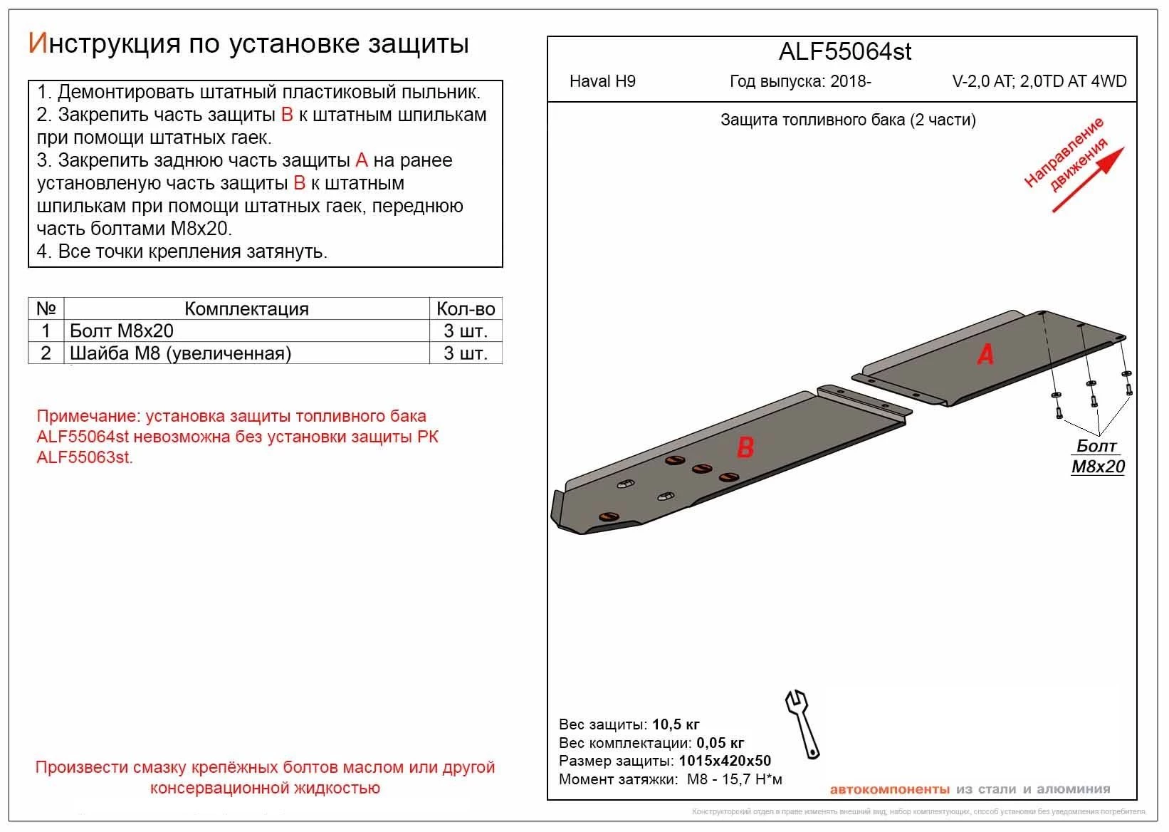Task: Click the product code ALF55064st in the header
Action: click(845, 52)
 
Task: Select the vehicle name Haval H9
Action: click(602, 81)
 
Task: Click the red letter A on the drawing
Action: click(985, 354)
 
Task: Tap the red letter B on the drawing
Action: click(745, 447)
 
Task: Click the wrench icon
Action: click(802, 723)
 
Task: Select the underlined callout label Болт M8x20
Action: click(1098, 457)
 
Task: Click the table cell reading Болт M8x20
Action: click(122, 331)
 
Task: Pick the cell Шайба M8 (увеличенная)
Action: click(181, 353)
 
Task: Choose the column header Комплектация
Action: click(246, 308)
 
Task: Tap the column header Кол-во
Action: click(466, 308)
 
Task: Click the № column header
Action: click(46, 308)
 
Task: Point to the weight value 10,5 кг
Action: click(676, 724)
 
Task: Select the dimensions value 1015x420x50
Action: click(725, 761)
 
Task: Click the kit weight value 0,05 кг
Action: click(720, 743)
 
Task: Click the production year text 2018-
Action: click(850, 81)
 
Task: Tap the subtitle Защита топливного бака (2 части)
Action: click(848, 120)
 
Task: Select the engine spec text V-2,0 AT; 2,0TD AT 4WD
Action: click(1039, 81)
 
